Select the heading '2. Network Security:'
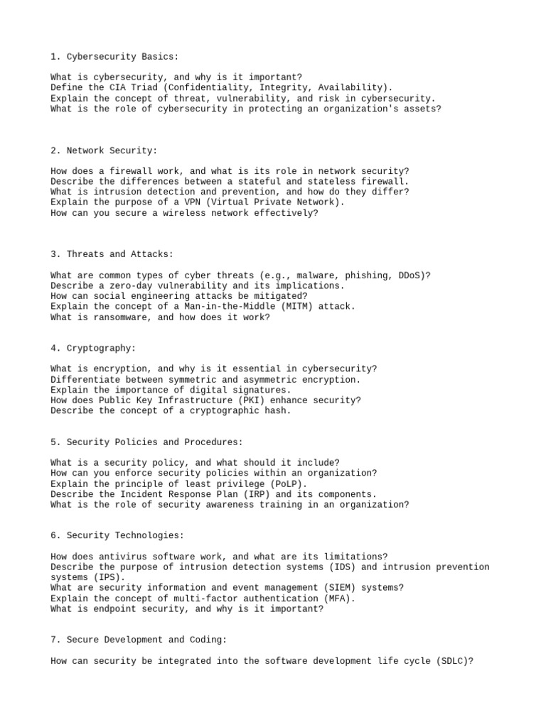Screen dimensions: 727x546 [104, 151]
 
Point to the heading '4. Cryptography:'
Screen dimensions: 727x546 [93, 348]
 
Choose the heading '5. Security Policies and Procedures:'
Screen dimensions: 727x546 [146, 442]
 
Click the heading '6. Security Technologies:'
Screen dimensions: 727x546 [117, 535]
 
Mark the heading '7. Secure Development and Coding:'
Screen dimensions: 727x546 [139, 640]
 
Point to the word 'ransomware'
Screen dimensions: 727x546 [117, 317]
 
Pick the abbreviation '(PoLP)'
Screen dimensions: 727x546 [280, 483]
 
